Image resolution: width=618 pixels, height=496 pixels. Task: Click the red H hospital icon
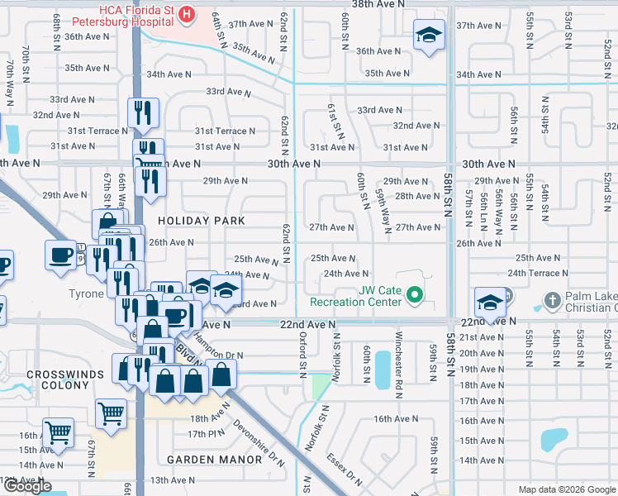(x=187, y=14)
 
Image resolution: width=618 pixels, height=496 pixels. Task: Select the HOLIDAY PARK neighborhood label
(x=202, y=221)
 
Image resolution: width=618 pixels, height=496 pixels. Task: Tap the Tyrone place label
(x=86, y=293)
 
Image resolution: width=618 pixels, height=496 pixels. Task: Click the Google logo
(x=28, y=486)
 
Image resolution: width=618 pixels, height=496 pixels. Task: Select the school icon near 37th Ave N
(x=427, y=35)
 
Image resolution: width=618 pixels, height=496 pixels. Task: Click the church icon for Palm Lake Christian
(x=550, y=299)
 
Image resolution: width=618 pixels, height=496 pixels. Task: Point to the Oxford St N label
(x=303, y=352)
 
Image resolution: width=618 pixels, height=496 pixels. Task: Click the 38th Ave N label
(x=379, y=4)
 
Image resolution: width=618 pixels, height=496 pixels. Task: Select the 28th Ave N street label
(x=417, y=196)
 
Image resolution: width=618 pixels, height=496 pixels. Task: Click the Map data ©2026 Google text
(x=568, y=489)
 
